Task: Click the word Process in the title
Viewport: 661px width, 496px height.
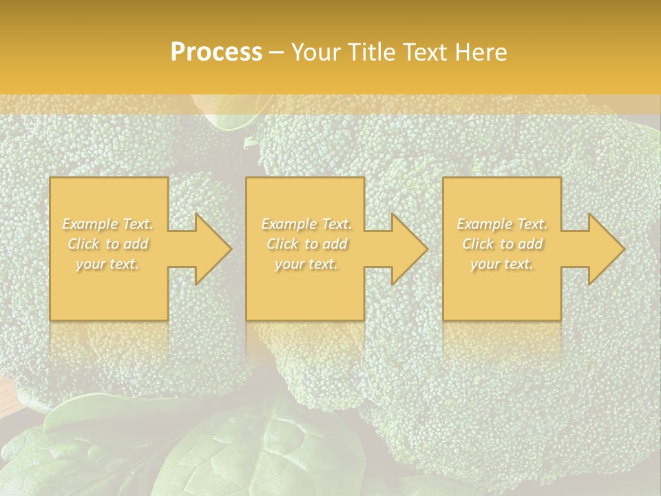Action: (x=216, y=52)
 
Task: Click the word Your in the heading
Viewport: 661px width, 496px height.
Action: (x=314, y=52)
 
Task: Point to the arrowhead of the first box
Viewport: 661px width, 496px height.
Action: (x=213, y=249)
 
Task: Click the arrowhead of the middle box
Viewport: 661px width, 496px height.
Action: (x=410, y=249)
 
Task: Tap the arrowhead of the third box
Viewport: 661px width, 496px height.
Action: (x=607, y=249)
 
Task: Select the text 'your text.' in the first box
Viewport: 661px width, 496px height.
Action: (x=107, y=263)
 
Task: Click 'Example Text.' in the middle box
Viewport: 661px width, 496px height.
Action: (x=306, y=224)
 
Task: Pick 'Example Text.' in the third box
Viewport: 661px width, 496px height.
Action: (x=502, y=224)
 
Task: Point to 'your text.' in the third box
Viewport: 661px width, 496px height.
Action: (x=502, y=263)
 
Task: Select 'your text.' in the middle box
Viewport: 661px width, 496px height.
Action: (x=306, y=263)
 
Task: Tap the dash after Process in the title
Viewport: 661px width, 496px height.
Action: (x=276, y=53)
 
